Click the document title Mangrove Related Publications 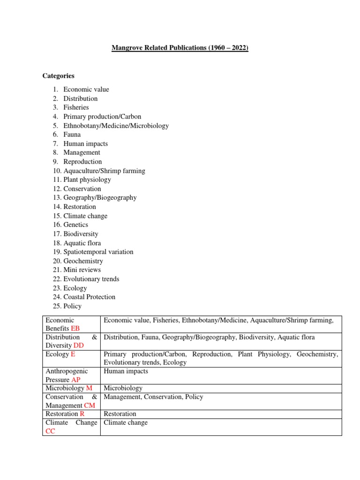180,48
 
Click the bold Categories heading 58,75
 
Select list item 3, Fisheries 76,107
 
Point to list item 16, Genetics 75,225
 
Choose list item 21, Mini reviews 82,270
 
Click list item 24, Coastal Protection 89,297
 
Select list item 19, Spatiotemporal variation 98,252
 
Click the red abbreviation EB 75,329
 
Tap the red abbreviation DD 79,345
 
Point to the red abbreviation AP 76,380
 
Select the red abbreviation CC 50,431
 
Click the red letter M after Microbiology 89,388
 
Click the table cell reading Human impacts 126,371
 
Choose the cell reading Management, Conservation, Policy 153,397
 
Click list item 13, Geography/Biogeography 100,197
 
